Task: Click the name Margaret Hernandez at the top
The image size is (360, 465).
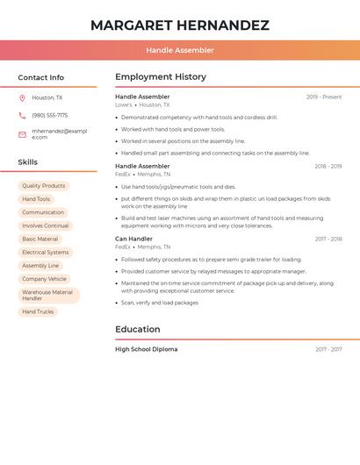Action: (180, 25)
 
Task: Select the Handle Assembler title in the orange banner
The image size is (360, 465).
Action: (180, 50)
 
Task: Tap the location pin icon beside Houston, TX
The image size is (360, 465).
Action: (22, 97)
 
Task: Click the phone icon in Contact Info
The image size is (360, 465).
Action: (22, 115)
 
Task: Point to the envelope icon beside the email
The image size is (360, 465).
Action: (22, 134)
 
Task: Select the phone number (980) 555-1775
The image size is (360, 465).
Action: (50, 115)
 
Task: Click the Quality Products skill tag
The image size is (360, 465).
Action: (44, 186)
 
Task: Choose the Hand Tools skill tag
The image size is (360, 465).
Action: (36, 199)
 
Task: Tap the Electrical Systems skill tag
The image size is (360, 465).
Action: (46, 253)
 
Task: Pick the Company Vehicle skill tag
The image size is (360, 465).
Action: (45, 279)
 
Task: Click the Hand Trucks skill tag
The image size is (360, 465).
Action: (38, 311)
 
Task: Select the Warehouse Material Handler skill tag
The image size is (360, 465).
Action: (48, 296)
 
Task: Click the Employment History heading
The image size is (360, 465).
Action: (161, 77)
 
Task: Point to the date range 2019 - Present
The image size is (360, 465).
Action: (324, 97)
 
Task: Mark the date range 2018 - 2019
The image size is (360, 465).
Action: (328, 167)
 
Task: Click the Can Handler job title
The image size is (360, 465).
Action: (133, 239)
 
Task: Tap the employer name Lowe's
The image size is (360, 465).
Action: (124, 105)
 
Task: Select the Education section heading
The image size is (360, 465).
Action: (138, 330)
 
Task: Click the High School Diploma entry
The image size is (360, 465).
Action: (146, 349)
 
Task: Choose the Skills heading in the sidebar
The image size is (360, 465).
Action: (28, 162)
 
